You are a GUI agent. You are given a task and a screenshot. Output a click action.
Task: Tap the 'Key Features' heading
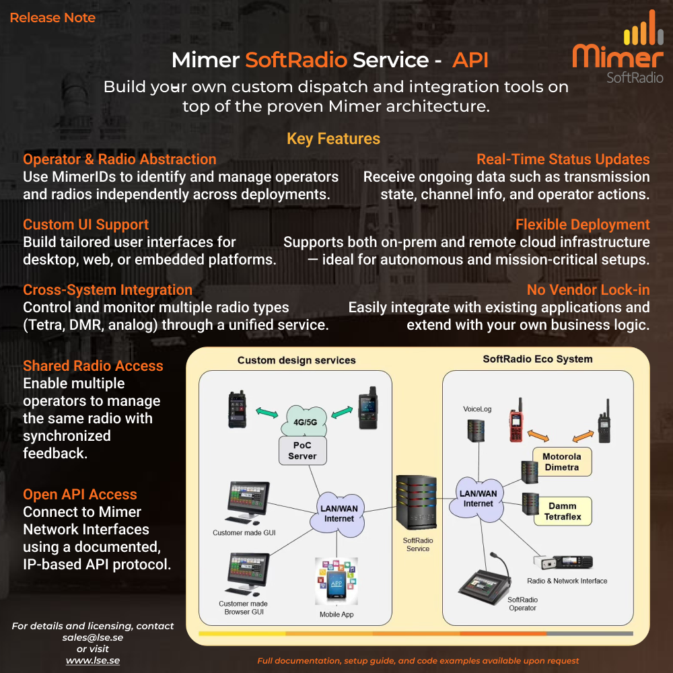[333, 139]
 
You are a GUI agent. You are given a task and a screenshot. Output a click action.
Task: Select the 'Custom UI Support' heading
[86, 225]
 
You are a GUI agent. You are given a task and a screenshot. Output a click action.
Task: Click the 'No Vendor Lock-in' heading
[588, 290]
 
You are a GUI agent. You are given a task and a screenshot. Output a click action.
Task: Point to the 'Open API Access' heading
[80, 495]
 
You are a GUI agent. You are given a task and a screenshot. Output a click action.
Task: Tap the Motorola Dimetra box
[561, 462]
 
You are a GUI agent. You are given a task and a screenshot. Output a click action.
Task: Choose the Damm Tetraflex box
[562, 511]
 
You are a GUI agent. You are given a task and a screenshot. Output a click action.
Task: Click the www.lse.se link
[93, 660]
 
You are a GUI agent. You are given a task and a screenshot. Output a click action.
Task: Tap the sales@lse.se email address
[93, 637]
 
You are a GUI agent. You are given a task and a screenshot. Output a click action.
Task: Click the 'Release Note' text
[52, 18]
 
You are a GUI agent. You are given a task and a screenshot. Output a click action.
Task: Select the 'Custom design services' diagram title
[296, 360]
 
